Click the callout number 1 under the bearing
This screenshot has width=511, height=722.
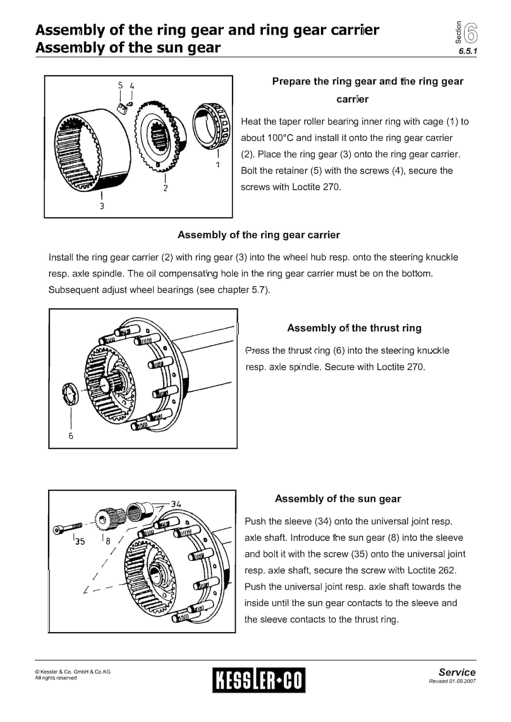[x=218, y=165]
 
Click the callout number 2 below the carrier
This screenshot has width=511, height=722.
[x=166, y=188]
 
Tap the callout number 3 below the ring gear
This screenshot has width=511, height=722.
[x=102, y=206]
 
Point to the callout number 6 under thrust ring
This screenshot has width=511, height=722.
[x=71, y=436]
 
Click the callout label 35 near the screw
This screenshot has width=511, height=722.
[x=80, y=541]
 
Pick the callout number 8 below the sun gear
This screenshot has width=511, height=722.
[x=108, y=541]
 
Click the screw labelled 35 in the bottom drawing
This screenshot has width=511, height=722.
[x=67, y=528]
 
